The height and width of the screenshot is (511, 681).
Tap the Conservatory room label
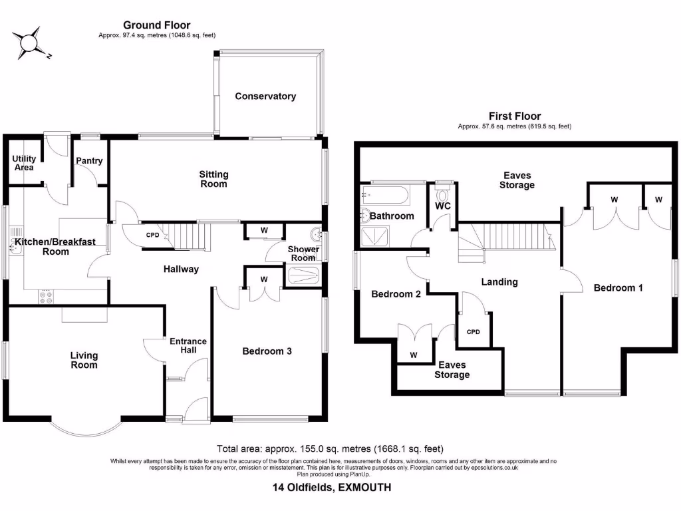pyautogui.click(x=265, y=96)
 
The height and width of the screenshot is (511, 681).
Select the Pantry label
pyautogui.click(x=88, y=161)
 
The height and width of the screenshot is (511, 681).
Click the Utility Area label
pyautogui.click(x=24, y=163)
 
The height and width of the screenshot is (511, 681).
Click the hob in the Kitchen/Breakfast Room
pyautogui.click(x=47, y=297)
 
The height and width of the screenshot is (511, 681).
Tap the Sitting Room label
pyautogui.click(x=213, y=179)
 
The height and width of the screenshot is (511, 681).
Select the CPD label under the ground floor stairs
pyautogui.click(x=152, y=234)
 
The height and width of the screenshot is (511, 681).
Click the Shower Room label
pyautogui.click(x=301, y=254)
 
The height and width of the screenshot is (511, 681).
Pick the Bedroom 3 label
pyautogui.click(x=267, y=351)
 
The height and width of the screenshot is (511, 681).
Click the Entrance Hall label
pyautogui.click(x=188, y=346)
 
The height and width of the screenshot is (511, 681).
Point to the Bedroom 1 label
pyautogui.click(x=618, y=288)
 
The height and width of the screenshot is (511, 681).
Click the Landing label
pyautogui.click(x=499, y=282)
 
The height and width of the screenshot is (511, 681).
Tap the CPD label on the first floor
pyautogui.click(x=473, y=331)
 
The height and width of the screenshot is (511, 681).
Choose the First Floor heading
pyautogui.click(x=514, y=116)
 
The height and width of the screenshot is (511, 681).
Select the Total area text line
pyautogui.click(x=330, y=448)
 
